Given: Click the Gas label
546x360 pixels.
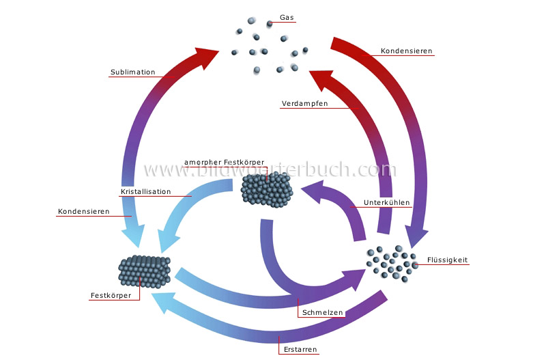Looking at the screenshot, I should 287,18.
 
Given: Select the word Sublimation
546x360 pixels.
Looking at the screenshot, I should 132,72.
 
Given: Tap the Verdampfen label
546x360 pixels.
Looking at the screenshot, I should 304,104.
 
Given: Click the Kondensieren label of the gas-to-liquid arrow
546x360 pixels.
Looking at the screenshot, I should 406,51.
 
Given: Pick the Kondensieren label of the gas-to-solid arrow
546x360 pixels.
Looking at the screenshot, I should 84,212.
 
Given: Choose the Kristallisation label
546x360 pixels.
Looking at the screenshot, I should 145,192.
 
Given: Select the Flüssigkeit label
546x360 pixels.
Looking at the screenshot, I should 447,260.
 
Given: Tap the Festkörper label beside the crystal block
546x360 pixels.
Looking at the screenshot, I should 111,296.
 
